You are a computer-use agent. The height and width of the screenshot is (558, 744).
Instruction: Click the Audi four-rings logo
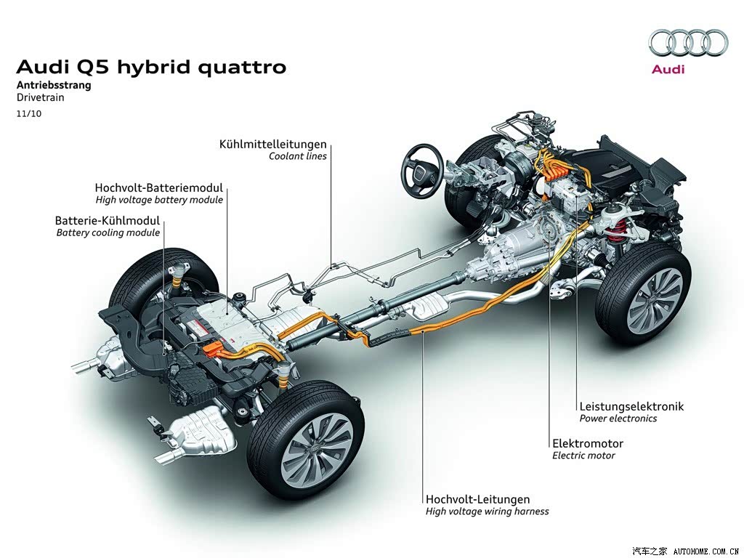(688, 43)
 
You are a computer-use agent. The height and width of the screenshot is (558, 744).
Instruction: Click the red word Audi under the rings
(668, 69)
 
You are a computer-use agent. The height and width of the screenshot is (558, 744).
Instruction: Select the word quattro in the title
(242, 68)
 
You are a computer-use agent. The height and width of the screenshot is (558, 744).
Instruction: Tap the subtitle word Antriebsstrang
(54, 86)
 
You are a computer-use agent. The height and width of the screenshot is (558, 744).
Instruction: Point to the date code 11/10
(29, 114)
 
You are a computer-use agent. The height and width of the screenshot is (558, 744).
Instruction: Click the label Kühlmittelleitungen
(273, 144)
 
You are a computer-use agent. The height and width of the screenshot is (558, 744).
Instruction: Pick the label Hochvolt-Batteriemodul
(159, 187)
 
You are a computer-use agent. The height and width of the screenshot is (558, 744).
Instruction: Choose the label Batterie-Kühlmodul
(108, 221)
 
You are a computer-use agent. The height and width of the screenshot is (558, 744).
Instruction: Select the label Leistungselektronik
(631, 406)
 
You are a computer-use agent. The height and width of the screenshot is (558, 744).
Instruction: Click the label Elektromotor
(588, 444)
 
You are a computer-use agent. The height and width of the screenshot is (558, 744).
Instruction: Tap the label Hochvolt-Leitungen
(478, 499)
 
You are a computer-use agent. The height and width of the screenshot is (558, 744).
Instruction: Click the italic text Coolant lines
(298, 156)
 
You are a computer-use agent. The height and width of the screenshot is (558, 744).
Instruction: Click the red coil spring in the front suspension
(615, 232)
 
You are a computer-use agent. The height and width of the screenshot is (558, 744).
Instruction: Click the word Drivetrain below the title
(41, 98)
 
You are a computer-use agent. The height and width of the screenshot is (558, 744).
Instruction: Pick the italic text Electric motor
(583, 456)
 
